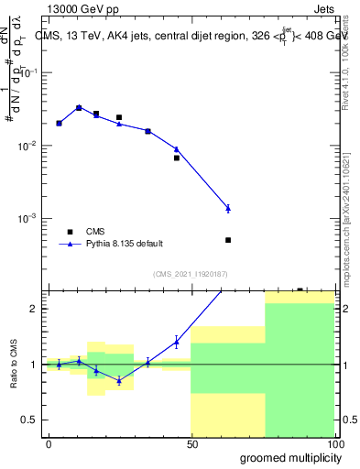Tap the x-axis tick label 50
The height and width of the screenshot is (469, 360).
point(191,443)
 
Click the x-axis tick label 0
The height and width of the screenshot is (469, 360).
point(49,443)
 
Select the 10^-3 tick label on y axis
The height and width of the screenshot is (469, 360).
point(27,219)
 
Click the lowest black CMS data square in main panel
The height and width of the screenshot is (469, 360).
point(228,240)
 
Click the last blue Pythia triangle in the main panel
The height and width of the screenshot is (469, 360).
point(228,209)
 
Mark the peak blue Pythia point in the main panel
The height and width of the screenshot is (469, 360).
point(79,107)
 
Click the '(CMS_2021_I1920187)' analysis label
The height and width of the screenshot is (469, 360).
point(191,273)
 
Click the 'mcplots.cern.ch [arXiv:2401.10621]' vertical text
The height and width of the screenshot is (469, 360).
point(346,210)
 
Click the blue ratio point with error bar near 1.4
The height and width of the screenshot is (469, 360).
point(177,343)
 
